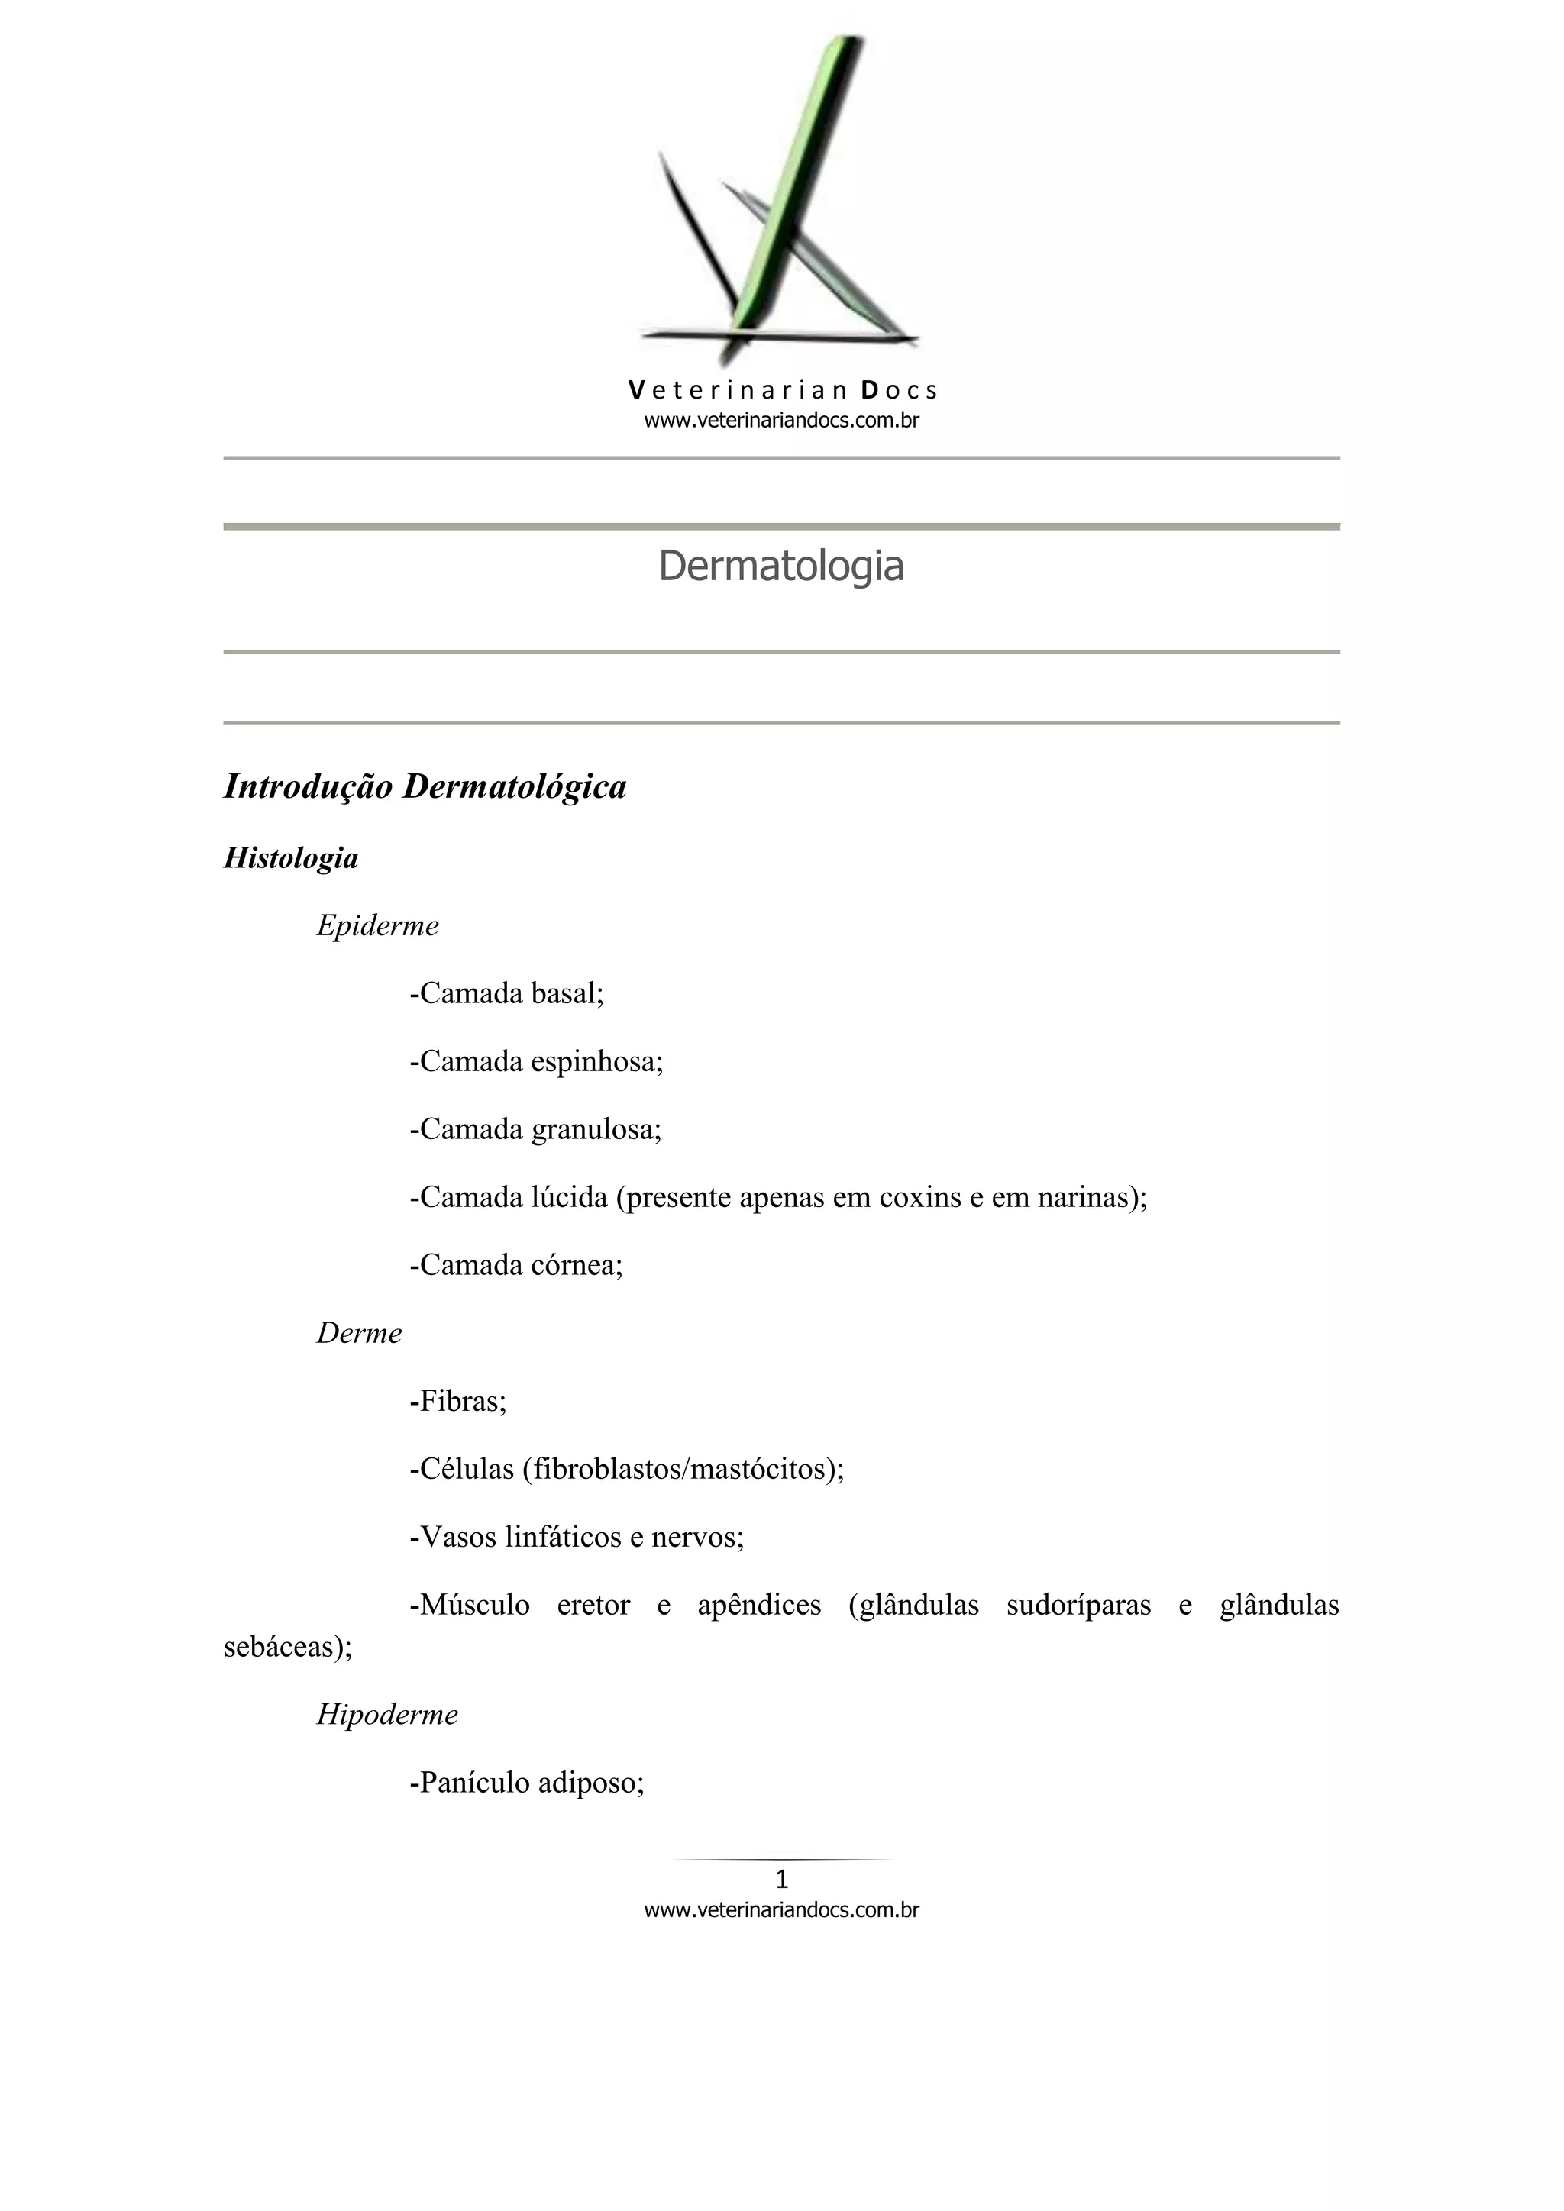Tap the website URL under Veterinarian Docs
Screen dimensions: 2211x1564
[x=781, y=420]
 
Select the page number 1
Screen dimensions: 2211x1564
[x=782, y=1879]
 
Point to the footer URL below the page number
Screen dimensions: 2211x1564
[x=781, y=1909]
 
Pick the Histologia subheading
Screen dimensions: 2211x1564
[x=291, y=858]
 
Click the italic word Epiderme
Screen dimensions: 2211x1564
[x=377, y=926]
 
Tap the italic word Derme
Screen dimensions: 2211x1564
[x=359, y=1334]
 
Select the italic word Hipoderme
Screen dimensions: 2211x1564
[x=387, y=1714]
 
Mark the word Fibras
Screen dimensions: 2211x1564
[x=462, y=1401]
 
